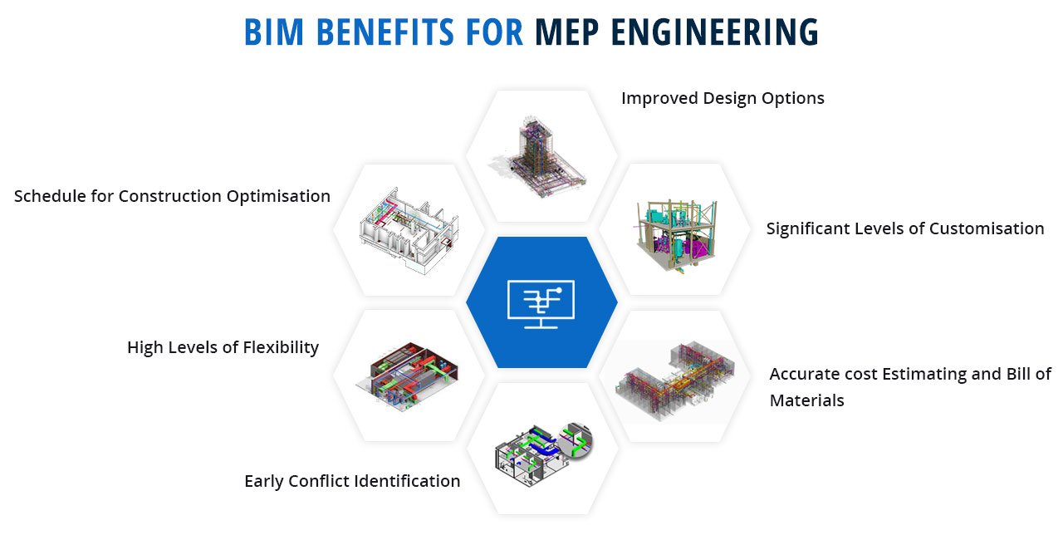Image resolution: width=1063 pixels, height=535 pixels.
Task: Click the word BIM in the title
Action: tap(274, 32)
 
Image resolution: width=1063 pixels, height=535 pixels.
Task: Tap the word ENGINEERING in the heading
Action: tap(715, 32)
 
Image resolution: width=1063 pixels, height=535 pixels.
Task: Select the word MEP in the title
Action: tap(567, 32)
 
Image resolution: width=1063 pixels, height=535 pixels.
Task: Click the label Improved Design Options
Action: tap(723, 98)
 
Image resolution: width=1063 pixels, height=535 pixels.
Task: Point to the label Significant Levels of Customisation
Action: tap(905, 228)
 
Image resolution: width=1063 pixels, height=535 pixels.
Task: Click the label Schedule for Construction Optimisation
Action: tap(172, 196)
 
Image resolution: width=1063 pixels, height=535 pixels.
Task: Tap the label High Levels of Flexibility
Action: tap(223, 347)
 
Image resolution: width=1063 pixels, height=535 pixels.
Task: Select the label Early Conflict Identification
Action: tap(352, 481)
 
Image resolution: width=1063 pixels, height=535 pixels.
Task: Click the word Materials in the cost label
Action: tap(806, 400)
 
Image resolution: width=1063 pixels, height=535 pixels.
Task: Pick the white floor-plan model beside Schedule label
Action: tap(409, 230)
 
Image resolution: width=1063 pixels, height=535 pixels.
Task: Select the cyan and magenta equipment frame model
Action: tap(676, 235)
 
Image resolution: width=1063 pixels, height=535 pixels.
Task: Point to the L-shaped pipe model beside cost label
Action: tap(675, 380)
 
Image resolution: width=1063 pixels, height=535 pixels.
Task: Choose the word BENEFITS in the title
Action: tap(385, 32)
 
